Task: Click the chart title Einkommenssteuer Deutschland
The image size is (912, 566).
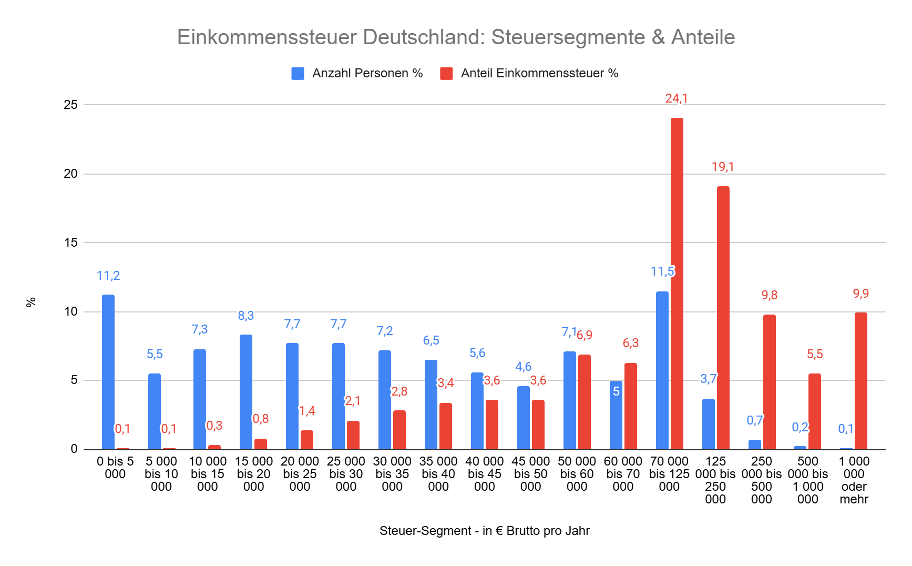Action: (x=456, y=37)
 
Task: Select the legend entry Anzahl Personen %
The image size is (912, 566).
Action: (x=367, y=73)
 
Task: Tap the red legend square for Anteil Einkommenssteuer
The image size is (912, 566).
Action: (x=446, y=74)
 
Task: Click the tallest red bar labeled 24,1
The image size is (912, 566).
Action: (x=677, y=284)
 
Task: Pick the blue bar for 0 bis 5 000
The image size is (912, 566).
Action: (x=108, y=372)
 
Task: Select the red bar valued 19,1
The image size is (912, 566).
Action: (x=723, y=318)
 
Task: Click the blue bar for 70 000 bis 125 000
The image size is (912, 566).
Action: (x=662, y=370)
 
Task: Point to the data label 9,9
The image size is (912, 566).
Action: (x=860, y=294)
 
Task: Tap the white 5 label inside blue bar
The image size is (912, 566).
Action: (x=616, y=391)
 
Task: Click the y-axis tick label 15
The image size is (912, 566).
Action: (x=70, y=242)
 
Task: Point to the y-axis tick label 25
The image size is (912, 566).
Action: (x=70, y=105)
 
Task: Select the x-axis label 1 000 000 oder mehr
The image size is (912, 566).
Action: (x=854, y=480)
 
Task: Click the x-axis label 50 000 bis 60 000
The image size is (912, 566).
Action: (x=577, y=474)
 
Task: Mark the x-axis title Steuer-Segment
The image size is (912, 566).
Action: (x=484, y=531)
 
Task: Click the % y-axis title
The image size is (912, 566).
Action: (x=31, y=302)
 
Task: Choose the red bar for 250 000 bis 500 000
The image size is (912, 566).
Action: (x=769, y=382)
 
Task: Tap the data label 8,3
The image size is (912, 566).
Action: (x=245, y=316)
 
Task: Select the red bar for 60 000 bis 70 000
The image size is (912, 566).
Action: (x=630, y=406)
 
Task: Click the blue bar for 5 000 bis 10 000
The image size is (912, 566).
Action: (x=155, y=411)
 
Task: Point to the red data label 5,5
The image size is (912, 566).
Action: (x=814, y=354)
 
